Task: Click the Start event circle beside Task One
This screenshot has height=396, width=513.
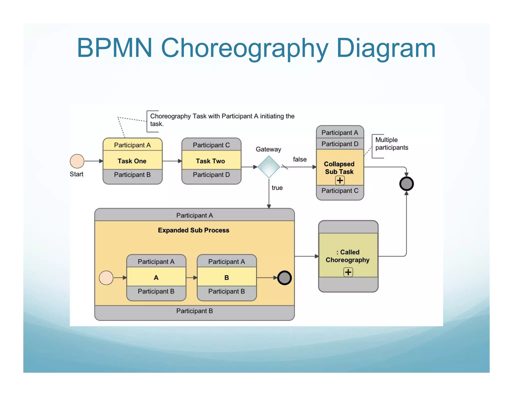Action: tap(77, 161)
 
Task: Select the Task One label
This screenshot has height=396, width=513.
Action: tap(132, 161)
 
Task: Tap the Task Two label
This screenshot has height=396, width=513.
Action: tap(210, 161)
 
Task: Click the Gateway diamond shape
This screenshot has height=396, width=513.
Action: tap(269, 167)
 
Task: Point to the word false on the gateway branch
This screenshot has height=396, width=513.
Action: tap(300, 159)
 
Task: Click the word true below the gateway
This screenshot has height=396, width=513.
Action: tap(277, 188)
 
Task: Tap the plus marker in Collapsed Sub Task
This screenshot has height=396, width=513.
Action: tap(340, 180)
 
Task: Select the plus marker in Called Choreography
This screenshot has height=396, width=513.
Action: tap(348, 272)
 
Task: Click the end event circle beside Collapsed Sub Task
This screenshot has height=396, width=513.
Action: tap(406, 184)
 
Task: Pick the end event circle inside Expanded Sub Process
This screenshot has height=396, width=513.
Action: tap(284, 278)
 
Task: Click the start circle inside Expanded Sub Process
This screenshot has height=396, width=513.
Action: tap(106, 278)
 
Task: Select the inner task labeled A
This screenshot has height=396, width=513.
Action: tap(156, 277)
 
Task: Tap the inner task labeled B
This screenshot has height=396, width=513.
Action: tap(227, 277)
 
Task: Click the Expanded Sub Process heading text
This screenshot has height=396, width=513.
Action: tap(193, 230)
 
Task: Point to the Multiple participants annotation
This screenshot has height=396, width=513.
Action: tap(391, 144)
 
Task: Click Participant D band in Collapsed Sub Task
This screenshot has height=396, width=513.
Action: tap(340, 144)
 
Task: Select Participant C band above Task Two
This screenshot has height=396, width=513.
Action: tap(211, 145)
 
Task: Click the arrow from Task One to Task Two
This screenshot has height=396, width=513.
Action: tap(172, 161)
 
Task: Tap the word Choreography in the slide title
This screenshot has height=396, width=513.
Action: tap(244, 48)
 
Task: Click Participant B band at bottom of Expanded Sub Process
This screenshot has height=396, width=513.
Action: tap(194, 311)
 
